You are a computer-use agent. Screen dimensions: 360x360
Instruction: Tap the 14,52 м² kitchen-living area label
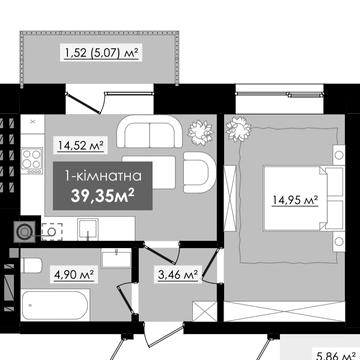coord(81,145)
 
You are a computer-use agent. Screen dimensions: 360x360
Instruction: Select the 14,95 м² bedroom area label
coord(295,201)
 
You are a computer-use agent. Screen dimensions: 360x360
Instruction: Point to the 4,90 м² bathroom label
coord(74,275)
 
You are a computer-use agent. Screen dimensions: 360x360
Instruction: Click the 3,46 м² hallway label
coord(178,275)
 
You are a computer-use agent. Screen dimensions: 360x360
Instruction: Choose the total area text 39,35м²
coord(103,196)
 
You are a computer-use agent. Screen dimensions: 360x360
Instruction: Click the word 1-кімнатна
coord(104,176)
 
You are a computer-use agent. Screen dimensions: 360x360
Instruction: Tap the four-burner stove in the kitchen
coord(32,161)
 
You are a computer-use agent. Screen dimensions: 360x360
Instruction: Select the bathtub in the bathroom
coord(55,305)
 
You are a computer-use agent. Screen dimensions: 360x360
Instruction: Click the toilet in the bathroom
coord(31,265)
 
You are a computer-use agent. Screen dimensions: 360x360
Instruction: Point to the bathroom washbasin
coord(116,258)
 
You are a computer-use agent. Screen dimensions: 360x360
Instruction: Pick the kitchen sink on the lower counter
coord(88,229)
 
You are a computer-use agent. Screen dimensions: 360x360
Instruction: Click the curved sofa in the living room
coord(149,131)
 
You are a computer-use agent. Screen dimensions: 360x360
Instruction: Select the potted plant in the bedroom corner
coord(239,129)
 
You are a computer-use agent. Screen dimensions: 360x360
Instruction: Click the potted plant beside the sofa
coord(200,130)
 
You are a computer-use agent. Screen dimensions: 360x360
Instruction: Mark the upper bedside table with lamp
coord(339,155)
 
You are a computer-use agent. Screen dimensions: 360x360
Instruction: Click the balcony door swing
coord(86,100)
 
